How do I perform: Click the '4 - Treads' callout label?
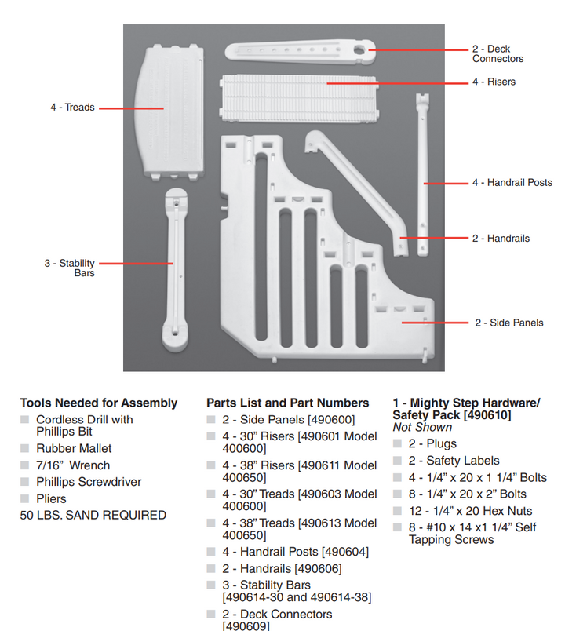72,108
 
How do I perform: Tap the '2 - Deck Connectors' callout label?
498,54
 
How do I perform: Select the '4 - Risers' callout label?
494,82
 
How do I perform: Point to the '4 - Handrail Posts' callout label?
512,183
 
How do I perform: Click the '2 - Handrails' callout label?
501,238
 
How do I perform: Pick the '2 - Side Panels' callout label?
508,323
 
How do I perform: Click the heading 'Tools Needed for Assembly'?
99,403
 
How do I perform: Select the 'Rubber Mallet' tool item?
74,448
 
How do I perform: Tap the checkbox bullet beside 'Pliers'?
25,498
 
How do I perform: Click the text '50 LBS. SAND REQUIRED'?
93,515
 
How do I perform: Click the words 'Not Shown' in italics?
422,427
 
